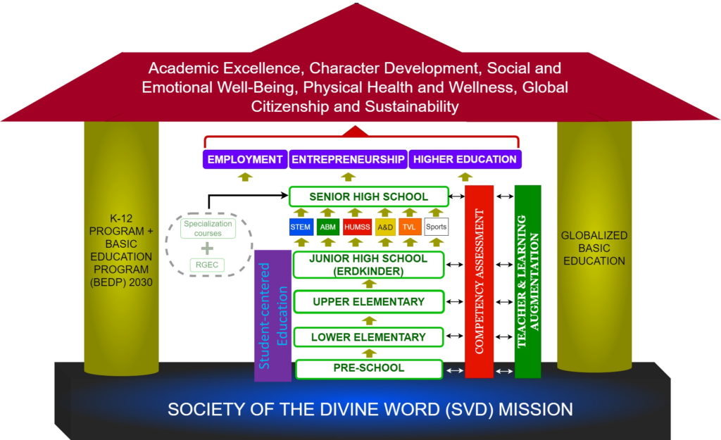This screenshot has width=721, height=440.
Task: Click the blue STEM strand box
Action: [301, 227]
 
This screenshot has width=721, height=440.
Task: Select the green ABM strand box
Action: [327, 227]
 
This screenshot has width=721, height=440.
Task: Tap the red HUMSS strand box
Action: [356, 227]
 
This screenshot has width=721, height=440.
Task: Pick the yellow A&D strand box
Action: [385, 227]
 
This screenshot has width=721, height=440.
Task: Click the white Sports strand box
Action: [437, 227]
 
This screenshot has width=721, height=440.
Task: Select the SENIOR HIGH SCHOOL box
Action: [368, 196]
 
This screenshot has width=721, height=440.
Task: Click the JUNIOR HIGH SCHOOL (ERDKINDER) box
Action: [368, 265]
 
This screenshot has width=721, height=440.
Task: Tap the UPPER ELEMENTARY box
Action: [368, 302]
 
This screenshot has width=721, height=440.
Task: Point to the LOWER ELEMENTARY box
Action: [368, 337]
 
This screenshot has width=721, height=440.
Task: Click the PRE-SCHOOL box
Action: [368, 368]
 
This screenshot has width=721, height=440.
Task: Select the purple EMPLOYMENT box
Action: [244, 159]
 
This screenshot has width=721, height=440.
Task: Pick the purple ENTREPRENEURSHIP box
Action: [348, 159]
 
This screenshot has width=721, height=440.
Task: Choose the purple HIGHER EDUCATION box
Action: [465, 159]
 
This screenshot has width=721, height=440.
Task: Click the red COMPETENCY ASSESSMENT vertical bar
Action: [479, 282]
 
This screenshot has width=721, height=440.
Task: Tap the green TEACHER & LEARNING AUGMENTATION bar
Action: [527, 282]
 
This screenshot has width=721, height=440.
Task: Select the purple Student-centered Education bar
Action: [272, 315]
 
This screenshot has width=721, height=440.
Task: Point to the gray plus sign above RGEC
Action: [207, 249]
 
